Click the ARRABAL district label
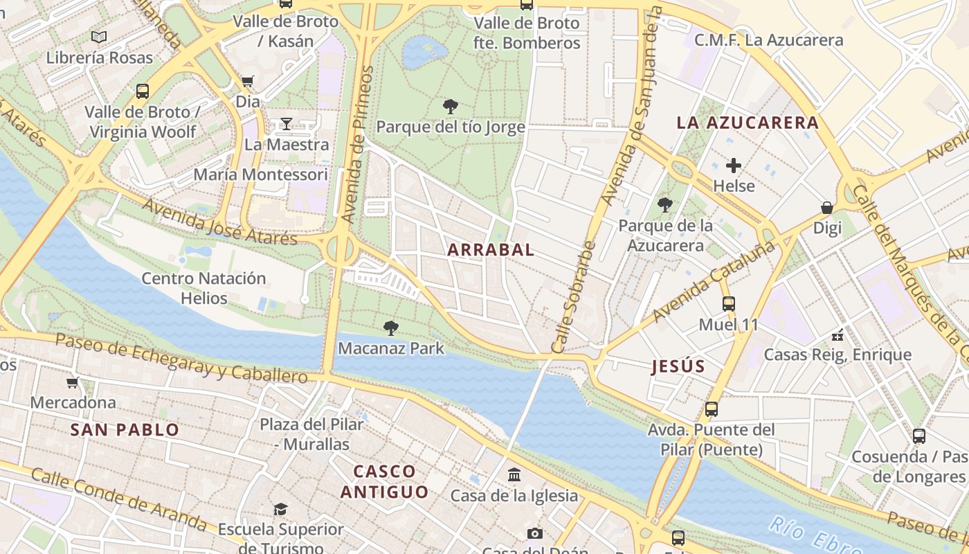491,250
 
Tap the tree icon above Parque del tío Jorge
451,107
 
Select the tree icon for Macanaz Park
391,328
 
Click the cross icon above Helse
734,166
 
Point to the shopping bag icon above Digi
826,208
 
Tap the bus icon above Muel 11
728,303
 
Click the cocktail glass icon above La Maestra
287,124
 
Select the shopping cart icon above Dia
248,81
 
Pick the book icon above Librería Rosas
99,37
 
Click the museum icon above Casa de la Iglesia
514,474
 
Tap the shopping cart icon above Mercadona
73,382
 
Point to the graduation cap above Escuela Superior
280,509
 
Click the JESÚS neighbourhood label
678,367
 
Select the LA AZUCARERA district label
748,123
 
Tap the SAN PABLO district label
125,430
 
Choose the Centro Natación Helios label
203,288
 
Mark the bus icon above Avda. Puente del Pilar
711,409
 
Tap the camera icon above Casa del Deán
534,533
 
